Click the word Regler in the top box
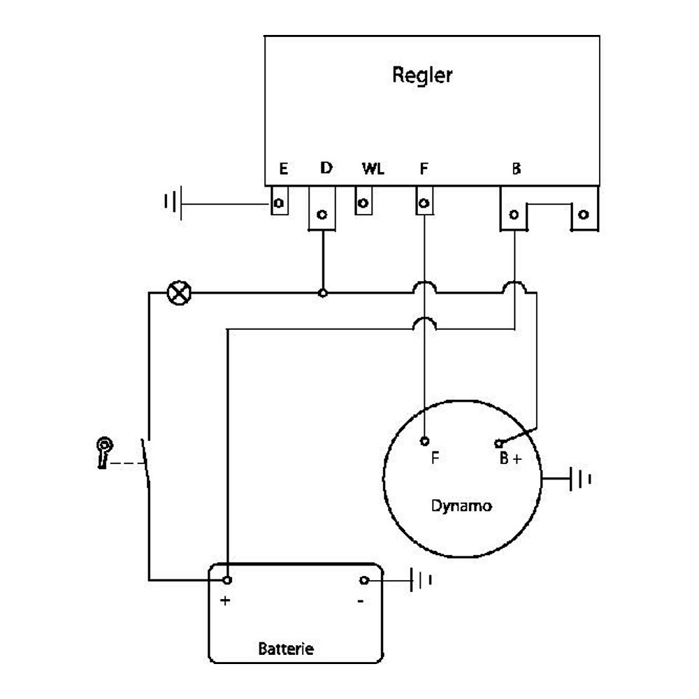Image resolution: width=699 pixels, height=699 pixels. click(x=422, y=75)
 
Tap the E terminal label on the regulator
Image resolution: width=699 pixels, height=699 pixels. click(x=284, y=169)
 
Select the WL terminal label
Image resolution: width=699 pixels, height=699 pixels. click(x=373, y=169)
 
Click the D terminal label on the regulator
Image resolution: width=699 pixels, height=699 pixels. click(x=326, y=168)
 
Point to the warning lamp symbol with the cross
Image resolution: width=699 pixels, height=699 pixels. click(x=179, y=293)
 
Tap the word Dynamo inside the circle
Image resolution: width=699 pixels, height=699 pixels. click(x=461, y=506)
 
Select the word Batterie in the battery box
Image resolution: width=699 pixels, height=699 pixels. click(x=286, y=648)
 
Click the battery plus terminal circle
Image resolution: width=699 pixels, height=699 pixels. click(x=227, y=580)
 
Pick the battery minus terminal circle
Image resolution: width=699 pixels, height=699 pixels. click(x=364, y=580)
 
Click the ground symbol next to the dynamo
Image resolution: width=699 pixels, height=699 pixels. click(x=580, y=480)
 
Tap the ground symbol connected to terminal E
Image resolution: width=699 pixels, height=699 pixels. click(x=173, y=203)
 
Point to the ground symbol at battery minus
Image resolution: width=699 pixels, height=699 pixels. click(x=421, y=580)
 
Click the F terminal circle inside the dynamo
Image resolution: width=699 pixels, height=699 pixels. click(x=424, y=441)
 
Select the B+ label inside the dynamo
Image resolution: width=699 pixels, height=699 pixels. click(x=510, y=459)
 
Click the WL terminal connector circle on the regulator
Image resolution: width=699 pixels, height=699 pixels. click(x=363, y=203)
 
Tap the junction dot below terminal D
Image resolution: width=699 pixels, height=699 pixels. click(x=323, y=293)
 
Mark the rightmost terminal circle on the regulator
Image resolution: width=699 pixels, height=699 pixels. click(x=583, y=215)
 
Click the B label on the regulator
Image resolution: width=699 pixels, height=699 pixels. click(x=517, y=169)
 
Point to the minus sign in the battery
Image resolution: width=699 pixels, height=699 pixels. click(x=361, y=601)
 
